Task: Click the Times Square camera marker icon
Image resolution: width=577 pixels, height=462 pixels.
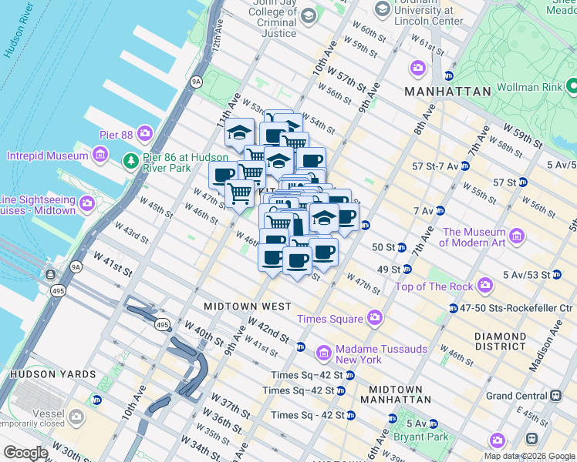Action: click(375, 317)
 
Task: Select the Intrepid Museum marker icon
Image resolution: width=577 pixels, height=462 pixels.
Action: click(100, 156)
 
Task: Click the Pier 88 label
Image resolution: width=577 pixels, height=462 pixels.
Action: click(117, 135)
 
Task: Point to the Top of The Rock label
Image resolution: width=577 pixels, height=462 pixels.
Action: click(434, 286)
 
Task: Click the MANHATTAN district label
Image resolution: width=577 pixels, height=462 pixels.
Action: click(448, 91)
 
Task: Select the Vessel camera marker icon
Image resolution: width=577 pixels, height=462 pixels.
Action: click(76, 417)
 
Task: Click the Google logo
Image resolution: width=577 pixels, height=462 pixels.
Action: click(25, 453)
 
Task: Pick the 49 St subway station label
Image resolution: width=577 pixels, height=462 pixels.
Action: click(390, 269)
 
